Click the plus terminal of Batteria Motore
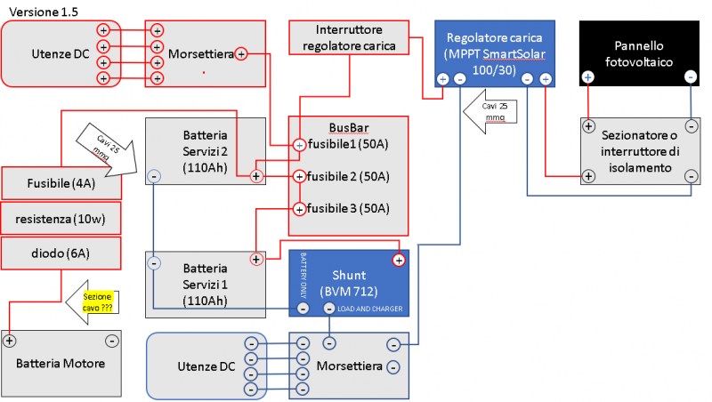10,340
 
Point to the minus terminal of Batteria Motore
111,340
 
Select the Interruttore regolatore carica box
349,37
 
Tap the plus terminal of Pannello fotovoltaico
587,77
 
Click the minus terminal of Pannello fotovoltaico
692,77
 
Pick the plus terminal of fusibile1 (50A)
300,144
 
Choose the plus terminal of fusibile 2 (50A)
300,176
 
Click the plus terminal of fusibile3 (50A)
300,209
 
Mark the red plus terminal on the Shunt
399,260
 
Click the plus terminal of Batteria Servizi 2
256,176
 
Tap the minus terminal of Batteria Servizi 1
154,263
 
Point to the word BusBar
347,126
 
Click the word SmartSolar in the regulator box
514,53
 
